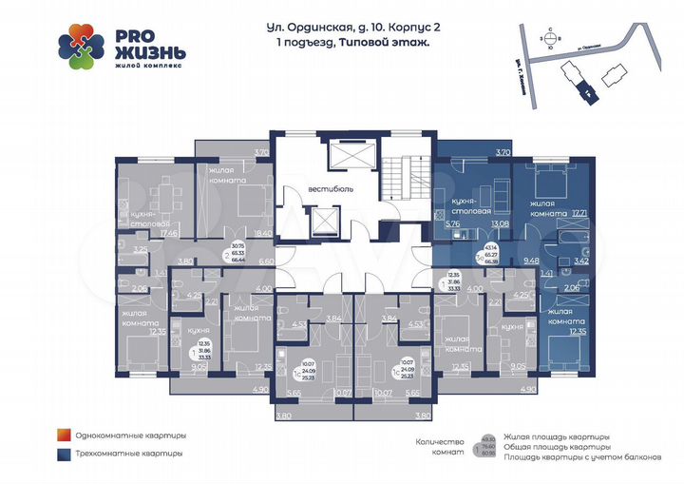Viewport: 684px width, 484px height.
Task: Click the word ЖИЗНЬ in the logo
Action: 145,51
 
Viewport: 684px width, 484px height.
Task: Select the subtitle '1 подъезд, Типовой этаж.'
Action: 348,44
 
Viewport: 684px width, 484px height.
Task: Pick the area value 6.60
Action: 266,260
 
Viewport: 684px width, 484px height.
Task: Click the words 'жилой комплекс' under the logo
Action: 142,67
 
